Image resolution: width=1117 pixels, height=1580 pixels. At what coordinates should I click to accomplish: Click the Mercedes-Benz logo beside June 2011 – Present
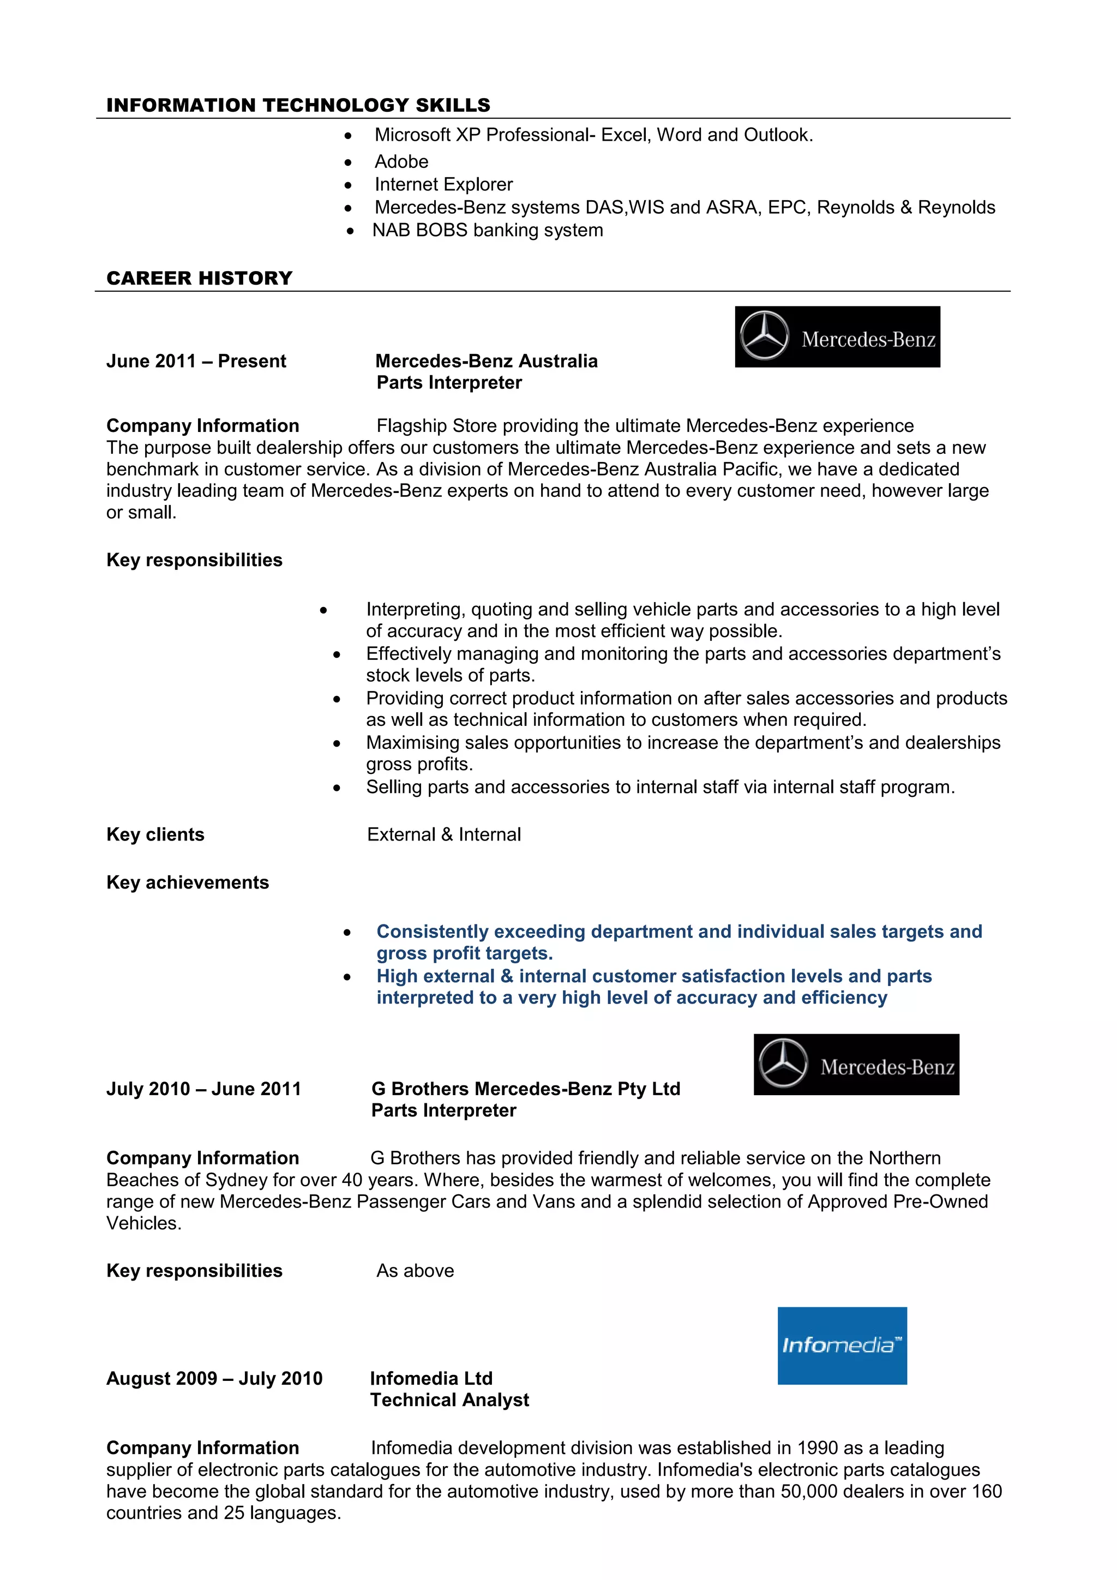point(837,337)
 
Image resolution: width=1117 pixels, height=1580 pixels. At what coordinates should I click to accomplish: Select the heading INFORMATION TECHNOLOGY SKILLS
point(298,105)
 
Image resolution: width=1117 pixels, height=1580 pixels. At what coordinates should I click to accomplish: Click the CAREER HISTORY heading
point(200,278)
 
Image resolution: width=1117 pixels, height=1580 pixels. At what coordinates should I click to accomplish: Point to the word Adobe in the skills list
point(401,162)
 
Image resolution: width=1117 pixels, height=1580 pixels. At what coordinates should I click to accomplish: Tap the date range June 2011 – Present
point(196,361)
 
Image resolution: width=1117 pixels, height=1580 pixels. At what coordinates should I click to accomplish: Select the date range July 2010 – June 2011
point(204,1089)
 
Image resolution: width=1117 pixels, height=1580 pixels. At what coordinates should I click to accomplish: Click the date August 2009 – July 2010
point(214,1378)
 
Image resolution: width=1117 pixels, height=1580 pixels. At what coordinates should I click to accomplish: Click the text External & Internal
point(444,835)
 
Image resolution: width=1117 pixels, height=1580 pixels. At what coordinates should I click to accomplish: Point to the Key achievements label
point(187,882)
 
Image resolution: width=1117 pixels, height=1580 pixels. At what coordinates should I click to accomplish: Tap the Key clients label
point(155,835)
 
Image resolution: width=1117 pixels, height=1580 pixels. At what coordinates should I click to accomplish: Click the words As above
point(415,1270)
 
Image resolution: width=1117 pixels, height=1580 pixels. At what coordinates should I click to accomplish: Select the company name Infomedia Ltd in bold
point(431,1378)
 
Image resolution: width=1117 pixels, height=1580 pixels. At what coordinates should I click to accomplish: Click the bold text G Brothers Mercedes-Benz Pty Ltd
point(526,1089)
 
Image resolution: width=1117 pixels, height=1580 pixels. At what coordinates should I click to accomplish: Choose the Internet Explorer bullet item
point(443,184)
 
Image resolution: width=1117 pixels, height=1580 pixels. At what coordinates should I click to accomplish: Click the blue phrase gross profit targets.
point(465,953)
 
